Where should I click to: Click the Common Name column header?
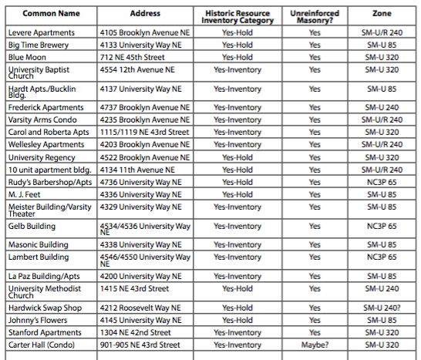click(51, 14)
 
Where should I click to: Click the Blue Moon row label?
click(28, 57)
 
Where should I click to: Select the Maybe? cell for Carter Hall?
click(314, 345)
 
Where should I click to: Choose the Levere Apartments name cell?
click(42, 33)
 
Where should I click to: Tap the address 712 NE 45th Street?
click(133, 57)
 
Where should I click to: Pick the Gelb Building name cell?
click(32, 227)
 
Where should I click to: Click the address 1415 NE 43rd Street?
click(134, 288)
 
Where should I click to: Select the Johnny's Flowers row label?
click(37, 320)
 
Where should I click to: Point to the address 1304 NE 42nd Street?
click(134, 332)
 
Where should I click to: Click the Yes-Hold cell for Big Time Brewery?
click(237, 45)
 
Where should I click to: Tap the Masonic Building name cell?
click(38, 245)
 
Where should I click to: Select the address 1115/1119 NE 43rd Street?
click(144, 132)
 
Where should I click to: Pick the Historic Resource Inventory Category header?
click(237, 17)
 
